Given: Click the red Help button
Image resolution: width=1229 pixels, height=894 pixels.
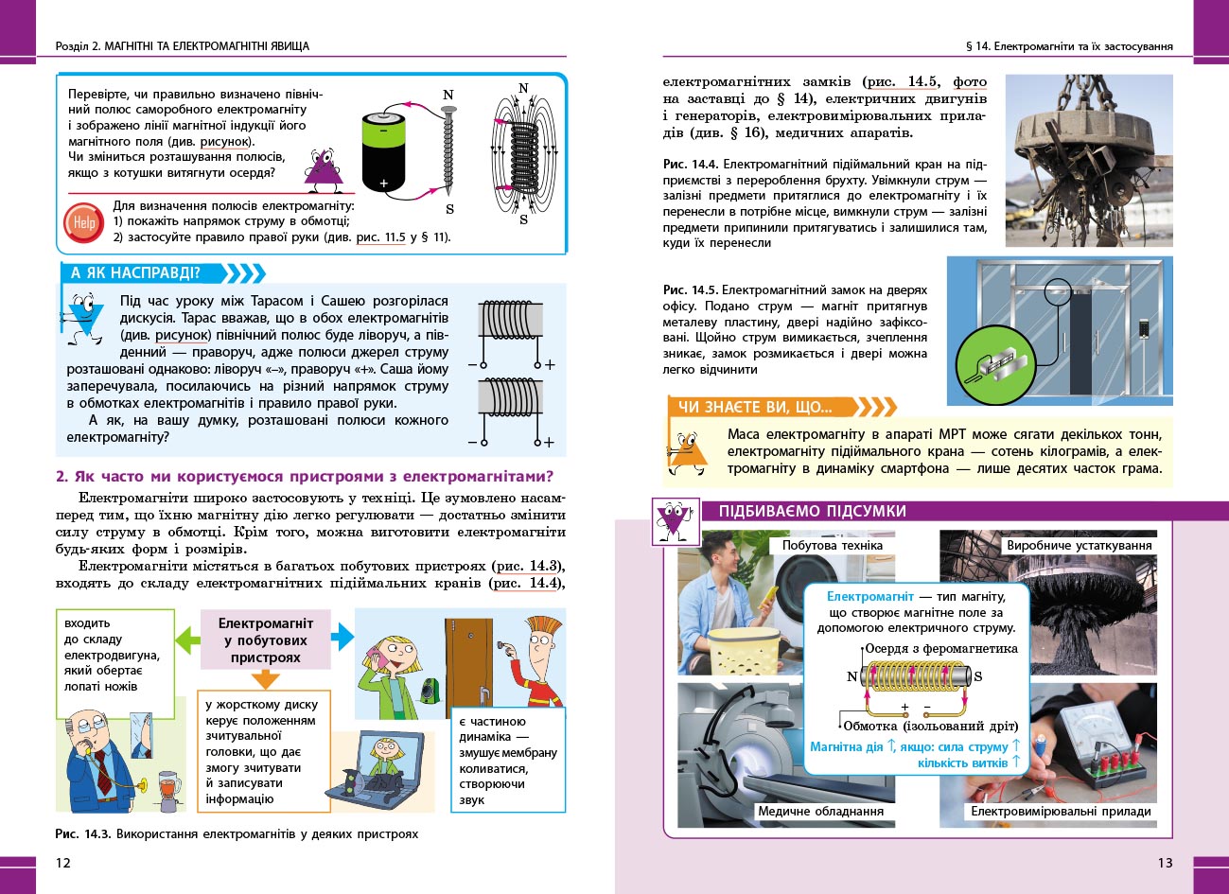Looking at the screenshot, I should coord(83,223).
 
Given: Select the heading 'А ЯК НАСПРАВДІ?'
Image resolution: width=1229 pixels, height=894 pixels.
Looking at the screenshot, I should coord(136,273).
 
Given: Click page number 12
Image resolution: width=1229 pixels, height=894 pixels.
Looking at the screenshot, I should coord(63,862).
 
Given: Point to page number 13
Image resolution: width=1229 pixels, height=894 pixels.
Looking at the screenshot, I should coord(1165,862).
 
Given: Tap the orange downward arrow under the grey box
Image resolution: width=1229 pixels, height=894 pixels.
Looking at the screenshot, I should coord(266,678).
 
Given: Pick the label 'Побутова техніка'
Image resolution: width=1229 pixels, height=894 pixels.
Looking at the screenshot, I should coord(832,545).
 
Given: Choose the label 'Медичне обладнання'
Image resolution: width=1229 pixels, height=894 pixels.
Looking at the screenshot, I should coord(820,811).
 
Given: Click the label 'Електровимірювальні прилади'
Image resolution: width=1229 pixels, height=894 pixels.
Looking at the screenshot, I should coord(1061,811).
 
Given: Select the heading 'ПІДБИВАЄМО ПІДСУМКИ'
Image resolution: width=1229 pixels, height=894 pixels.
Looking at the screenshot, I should coord(812,512).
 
